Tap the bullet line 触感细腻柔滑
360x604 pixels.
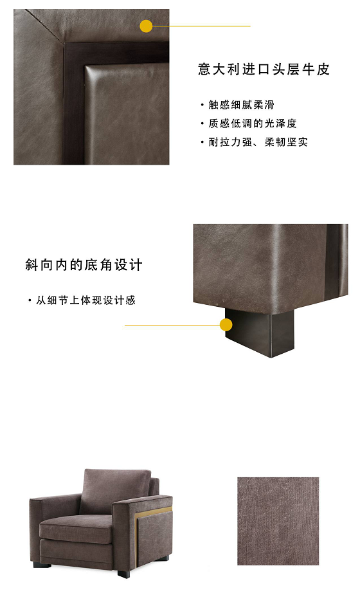point(240,105)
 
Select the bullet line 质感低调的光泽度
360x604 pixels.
point(251,124)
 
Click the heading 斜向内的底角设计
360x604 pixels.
point(84,265)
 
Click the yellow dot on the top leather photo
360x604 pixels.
point(147,26)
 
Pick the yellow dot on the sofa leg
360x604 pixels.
point(226,325)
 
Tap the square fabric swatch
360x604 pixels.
point(278,521)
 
